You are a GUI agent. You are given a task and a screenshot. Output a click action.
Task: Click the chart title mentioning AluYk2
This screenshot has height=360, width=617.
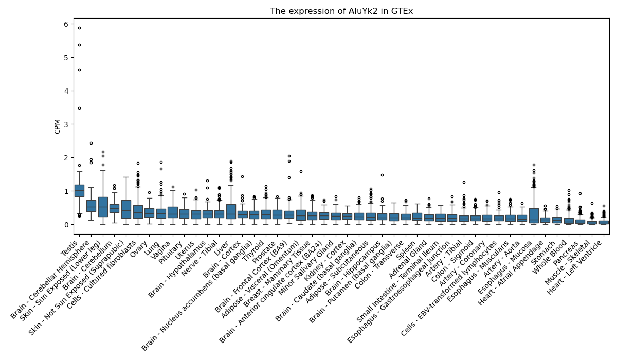coord(341,11)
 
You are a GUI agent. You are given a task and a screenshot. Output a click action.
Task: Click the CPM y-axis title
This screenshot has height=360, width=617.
coord(57,127)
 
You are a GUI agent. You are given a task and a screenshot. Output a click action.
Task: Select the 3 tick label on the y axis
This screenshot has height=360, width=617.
coord(66,124)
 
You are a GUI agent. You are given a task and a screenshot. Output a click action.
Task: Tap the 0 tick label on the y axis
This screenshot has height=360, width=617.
coord(66,225)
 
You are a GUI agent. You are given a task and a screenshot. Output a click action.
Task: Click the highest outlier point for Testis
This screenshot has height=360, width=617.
coord(79,28)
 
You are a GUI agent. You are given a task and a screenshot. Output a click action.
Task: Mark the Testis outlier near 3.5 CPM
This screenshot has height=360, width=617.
coord(79,108)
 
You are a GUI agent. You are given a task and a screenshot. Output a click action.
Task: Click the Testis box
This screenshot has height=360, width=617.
coord(79,191)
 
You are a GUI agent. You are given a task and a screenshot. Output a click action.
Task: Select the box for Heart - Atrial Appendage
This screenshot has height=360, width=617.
coord(534,215)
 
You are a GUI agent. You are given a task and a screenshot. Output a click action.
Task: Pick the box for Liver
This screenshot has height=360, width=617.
coord(231,211)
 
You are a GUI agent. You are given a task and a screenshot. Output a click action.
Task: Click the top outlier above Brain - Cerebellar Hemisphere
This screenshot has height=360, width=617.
coord(91,143)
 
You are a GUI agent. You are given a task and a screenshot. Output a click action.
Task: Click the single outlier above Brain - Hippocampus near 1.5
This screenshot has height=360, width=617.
coord(382,175)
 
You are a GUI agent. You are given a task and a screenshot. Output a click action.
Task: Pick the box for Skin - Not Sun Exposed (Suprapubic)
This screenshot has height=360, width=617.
coord(126,209)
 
